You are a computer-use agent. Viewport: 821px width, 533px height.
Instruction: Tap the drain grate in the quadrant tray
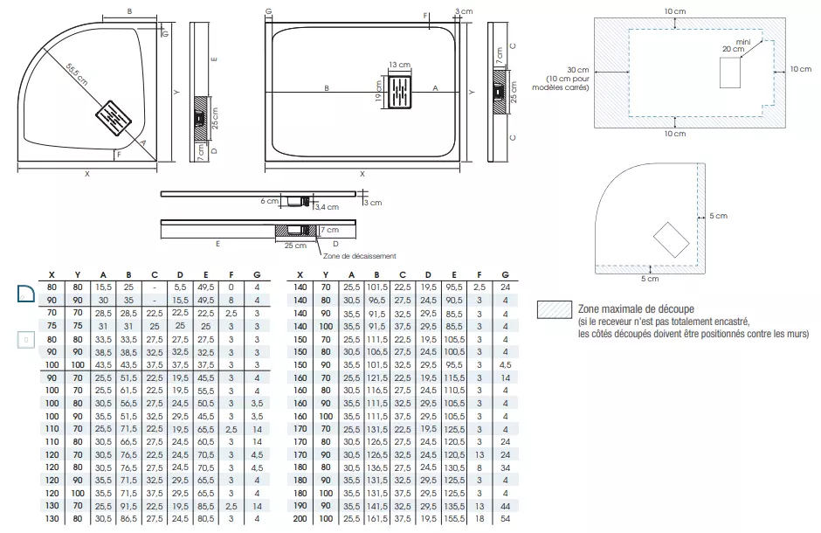click(111, 117)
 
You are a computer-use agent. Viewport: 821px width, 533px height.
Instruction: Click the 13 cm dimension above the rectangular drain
click(399, 66)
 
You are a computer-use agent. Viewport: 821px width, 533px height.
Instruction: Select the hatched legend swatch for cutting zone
click(555, 310)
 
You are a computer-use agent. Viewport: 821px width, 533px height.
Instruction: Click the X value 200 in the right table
click(300, 519)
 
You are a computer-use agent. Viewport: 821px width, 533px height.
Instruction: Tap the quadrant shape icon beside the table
click(26, 293)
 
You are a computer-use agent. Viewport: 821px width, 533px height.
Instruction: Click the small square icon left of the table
click(26, 338)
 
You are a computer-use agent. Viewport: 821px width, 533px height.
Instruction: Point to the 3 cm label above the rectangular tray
click(464, 10)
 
